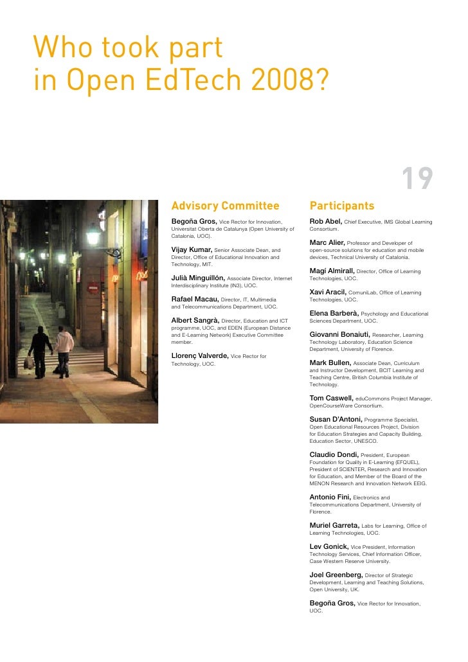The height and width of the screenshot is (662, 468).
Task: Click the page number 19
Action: (x=418, y=179)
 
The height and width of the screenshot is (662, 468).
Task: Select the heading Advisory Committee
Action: (x=225, y=206)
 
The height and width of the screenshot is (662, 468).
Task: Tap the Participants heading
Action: (x=341, y=206)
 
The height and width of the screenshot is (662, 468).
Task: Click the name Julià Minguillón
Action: (x=198, y=278)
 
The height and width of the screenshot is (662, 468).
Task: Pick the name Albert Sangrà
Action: (x=195, y=320)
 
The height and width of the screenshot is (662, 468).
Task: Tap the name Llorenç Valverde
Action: (x=199, y=355)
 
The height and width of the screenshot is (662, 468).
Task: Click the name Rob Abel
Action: (x=325, y=222)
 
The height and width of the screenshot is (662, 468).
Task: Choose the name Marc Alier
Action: (x=327, y=242)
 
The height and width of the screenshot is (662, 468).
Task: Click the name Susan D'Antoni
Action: (x=336, y=419)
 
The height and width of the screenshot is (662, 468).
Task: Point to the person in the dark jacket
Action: (x=40, y=347)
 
